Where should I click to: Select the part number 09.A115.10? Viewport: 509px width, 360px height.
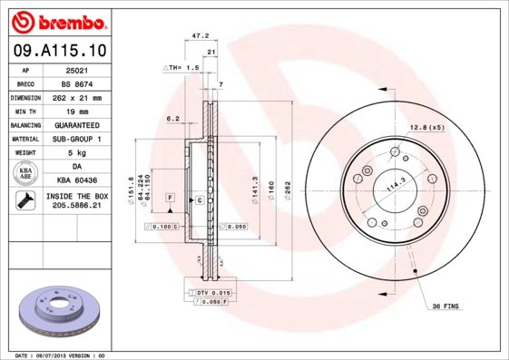57,50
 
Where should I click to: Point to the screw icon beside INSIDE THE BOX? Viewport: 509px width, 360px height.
25,201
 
